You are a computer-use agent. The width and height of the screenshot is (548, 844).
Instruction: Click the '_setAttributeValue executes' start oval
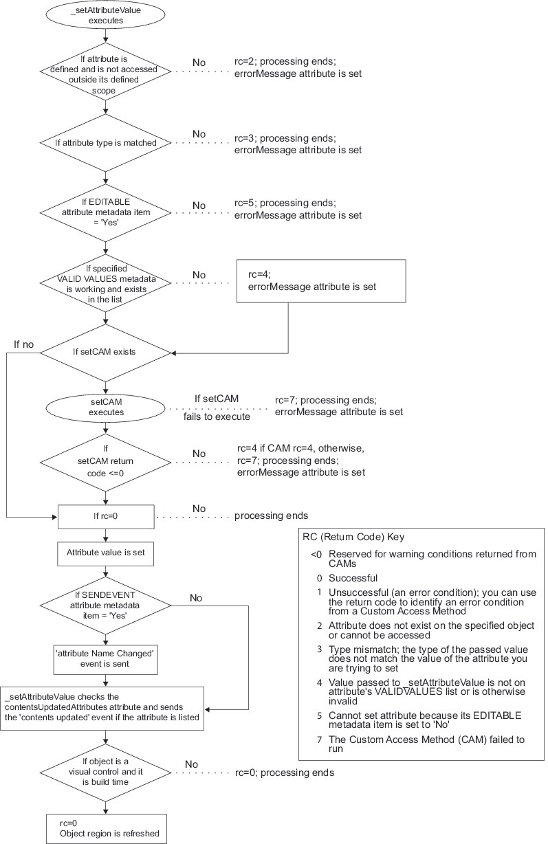(105, 16)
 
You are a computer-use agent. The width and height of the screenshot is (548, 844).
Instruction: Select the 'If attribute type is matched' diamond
(105, 143)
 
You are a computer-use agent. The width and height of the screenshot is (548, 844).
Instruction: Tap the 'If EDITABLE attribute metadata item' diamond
(105, 209)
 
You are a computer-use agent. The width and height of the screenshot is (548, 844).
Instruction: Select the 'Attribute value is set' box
(105, 552)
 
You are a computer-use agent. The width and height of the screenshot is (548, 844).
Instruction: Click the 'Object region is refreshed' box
(105, 828)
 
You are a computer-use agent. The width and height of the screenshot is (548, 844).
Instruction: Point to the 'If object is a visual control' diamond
(105, 772)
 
